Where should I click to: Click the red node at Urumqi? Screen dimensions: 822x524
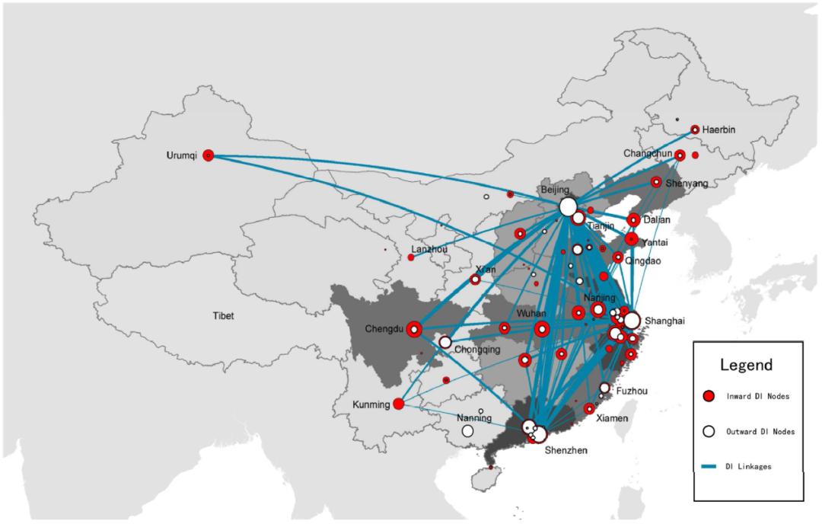(x=208, y=155)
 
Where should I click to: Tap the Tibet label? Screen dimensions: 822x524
(x=223, y=316)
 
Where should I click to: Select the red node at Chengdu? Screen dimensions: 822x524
(x=414, y=329)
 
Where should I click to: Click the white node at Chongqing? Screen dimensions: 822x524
(x=445, y=342)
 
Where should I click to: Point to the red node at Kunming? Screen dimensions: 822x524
(x=398, y=404)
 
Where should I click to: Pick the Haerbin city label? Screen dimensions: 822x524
(x=718, y=129)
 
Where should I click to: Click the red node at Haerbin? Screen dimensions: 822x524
(x=695, y=129)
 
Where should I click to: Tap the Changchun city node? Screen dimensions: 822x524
(x=680, y=155)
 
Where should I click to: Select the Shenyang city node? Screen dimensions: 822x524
(x=656, y=182)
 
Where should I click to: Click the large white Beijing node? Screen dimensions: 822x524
(x=568, y=206)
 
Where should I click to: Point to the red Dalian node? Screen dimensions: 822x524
(x=633, y=220)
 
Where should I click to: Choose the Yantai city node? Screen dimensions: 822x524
(x=631, y=240)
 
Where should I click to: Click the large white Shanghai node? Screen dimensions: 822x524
(x=632, y=320)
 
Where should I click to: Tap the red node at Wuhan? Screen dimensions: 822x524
(x=542, y=329)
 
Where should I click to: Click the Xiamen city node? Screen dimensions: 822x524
(x=589, y=408)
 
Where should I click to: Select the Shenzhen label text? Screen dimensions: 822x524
(x=566, y=450)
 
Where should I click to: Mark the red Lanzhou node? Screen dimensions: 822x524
(x=411, y=257)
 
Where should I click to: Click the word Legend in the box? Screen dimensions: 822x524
(x=746, y=365)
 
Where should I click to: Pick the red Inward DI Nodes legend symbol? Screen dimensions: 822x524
(x=709, y=397)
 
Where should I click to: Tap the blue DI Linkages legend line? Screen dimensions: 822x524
(x=709, y=466)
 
